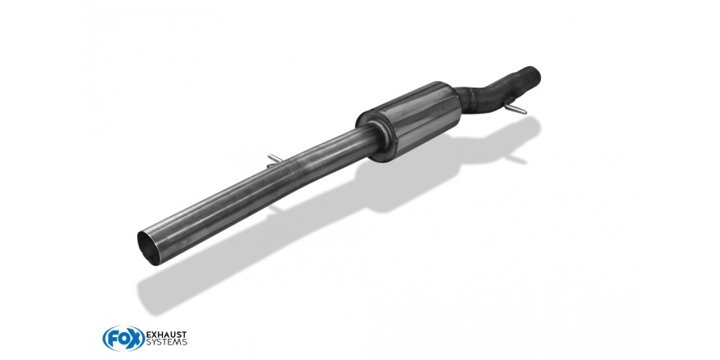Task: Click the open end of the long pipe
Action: click(149, 249)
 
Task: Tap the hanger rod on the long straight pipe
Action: click(274, 159)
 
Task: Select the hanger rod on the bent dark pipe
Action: click(515, 108)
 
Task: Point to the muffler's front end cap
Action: click(374, 136)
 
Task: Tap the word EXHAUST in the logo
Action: click(166, 334)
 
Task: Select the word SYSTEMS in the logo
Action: click(166, 342)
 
